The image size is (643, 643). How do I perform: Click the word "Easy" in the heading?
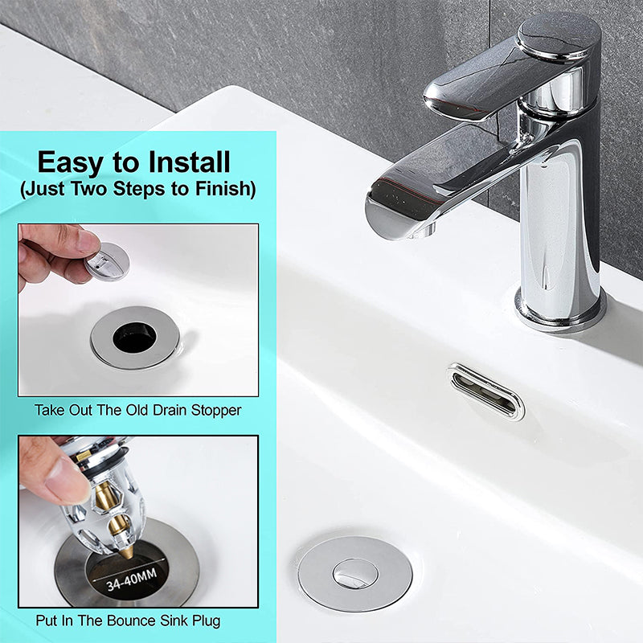(x=69, y=163)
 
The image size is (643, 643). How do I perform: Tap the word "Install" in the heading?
(x=190, y=162)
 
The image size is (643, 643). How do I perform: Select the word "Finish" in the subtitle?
(x=225, y=189)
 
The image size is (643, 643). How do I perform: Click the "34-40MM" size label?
(x=132, y=580)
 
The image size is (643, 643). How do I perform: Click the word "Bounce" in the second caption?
(x=131, y=620)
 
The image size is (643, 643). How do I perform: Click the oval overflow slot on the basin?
(x=486, y=391)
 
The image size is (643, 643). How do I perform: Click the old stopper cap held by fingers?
(x=108, y=261)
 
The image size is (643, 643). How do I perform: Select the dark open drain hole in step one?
(x=134, y=338)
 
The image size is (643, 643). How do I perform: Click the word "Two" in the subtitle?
(x=88, y=188)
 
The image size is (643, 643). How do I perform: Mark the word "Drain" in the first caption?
(x=170, y=410)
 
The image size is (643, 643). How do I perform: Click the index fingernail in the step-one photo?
(x=88, y=241)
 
